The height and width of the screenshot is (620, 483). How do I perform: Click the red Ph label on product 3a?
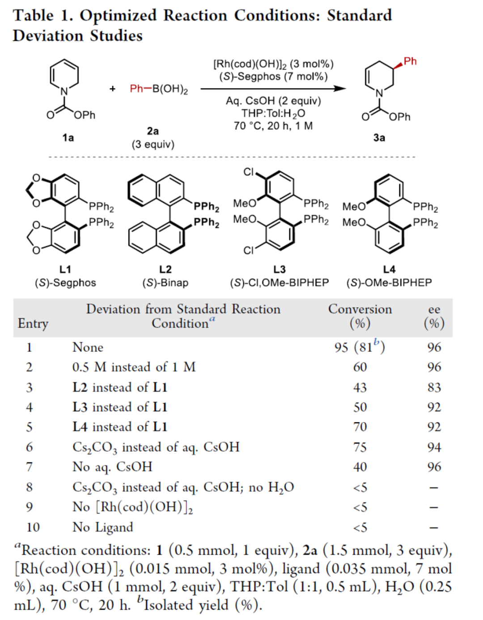(x=410, y=61)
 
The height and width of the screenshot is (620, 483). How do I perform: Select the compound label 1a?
(x=68, y=138)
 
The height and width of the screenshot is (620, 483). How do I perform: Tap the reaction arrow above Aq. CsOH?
(x=273, y=89)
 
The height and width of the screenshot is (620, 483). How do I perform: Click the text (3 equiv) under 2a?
(x=153, y=144)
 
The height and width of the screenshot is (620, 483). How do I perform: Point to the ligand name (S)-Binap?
(x=165, y=283)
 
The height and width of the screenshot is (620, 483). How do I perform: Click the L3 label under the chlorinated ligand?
(x=279, y=269)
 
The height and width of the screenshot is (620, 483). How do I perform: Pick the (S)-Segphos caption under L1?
(x=65, y=283)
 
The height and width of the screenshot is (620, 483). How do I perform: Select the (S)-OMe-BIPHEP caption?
(x=389, y=283)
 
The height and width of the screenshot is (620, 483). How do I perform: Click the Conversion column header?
(x=360, y=309)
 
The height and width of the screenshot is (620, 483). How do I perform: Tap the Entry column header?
(x=33, y=323)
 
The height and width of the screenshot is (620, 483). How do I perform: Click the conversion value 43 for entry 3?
(x=360, y=387)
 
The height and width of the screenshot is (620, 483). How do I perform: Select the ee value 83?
(x=434, y=387)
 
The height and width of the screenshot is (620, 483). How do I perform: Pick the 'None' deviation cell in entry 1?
(x=88, y=347)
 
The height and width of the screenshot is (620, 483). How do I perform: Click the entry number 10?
(x=33, y=527)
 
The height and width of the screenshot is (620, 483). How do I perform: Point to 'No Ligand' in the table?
(x=102, y=527)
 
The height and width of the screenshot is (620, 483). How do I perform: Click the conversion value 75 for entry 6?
(x=360, y=447)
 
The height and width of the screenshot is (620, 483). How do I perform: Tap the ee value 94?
(x=434, y=447)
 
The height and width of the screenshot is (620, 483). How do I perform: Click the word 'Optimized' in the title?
(x=118, y=16)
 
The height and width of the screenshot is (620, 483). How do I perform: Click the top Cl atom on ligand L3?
(x=249, y=172)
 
